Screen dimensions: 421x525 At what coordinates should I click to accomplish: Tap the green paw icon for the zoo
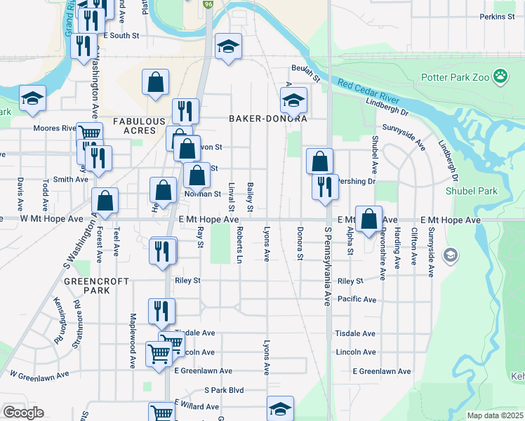tap(500, 76)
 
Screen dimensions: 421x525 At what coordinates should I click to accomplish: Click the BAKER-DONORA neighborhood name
tap(268, 119)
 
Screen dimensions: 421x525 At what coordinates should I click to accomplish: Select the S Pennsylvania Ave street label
tap(327, 266)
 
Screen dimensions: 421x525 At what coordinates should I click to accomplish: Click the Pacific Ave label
tap(357, 300)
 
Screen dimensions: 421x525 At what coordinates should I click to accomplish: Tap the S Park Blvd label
tap(224, 389)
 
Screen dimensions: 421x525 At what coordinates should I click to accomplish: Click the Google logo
tap(23, 413)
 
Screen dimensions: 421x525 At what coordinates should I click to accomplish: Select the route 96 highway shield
tap(208, 4)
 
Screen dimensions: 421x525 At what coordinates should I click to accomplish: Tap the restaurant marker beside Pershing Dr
tap(325, 187)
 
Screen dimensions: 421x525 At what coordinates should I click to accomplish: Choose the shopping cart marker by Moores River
tap(89, 133)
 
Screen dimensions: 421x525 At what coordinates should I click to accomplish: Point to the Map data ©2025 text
tap(495, 415)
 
